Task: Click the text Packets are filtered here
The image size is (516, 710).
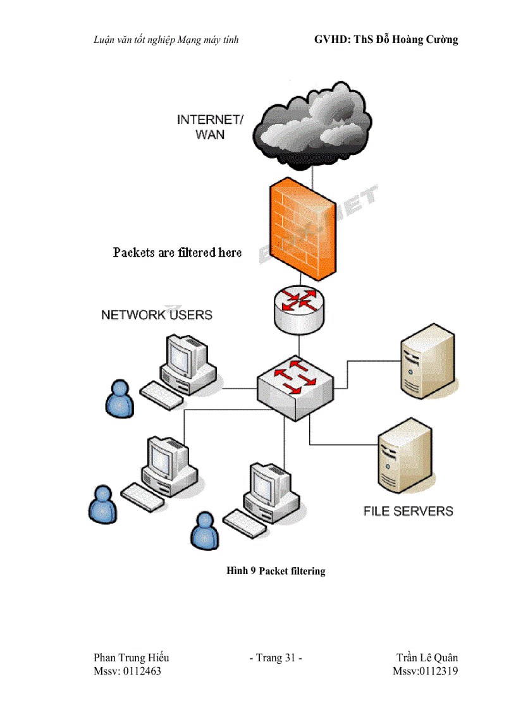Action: (x=177, y=253)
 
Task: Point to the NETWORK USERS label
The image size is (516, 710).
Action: (x=157, y=315)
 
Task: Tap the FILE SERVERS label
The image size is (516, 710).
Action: (x=408, y=511)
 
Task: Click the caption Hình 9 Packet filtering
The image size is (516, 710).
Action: (x=276, y=571)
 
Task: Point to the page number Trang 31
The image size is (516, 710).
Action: (x=276, y=658)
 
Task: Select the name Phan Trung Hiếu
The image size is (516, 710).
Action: (x=131, y=658)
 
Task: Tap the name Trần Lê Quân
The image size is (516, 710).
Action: (x=427, y=658)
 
